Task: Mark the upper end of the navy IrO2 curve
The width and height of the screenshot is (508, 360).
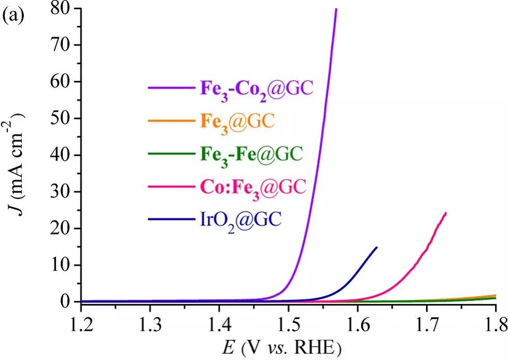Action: pos(377,248)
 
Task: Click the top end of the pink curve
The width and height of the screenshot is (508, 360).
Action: pos(445,213)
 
